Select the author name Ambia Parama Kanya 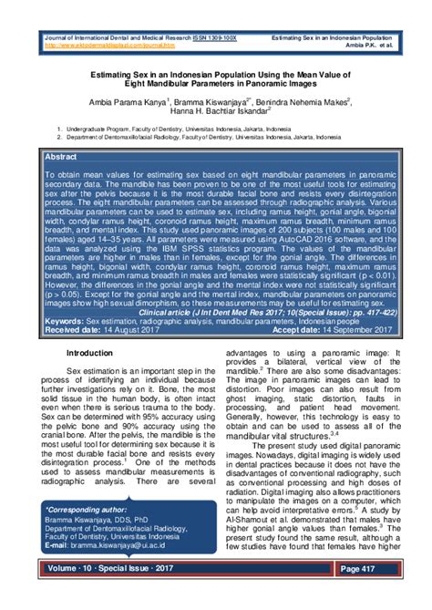[x=124, y=102]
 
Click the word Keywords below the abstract [x=64, y=321]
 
